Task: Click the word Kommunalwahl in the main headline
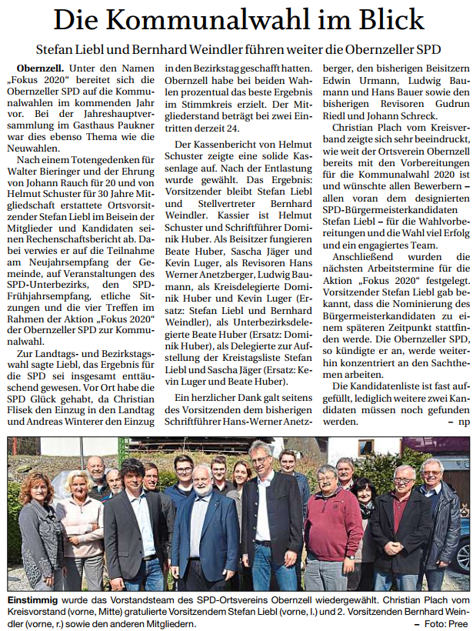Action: pos(226,20)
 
